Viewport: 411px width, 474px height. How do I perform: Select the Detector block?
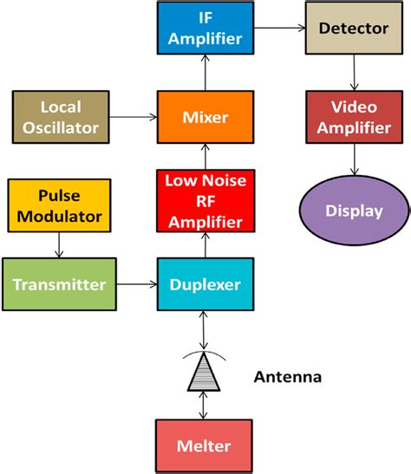coord(353,29)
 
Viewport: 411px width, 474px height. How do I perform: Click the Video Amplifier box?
coord(353,116)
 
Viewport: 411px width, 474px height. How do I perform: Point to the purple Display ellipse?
coord(353,211)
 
